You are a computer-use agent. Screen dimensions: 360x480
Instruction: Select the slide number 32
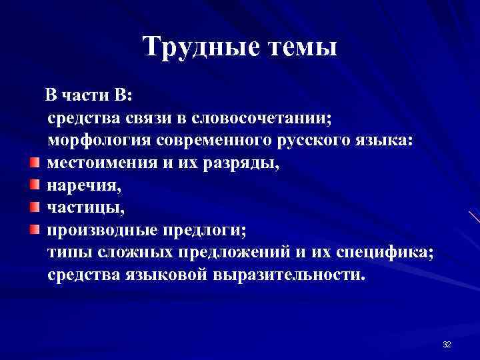(447, 344)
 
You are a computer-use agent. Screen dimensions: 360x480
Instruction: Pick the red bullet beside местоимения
(35, 162)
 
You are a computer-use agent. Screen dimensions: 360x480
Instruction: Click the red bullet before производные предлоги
(35, 230)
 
